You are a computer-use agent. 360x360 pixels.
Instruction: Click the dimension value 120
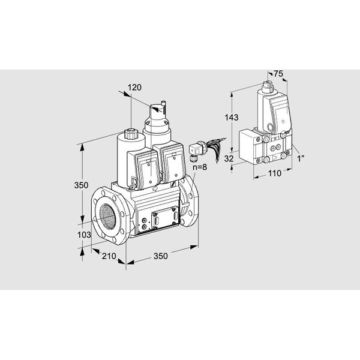pos(134,88)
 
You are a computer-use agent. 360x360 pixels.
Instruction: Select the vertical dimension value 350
pos(81,185)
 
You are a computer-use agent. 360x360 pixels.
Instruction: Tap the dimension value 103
pos(84,235)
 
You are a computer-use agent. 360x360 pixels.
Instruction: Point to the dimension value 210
pos(109,256)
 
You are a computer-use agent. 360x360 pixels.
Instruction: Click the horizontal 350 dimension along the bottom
pos(161,256)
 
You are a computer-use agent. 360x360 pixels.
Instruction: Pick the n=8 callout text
pos(200,167)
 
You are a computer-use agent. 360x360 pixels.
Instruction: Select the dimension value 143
pos(232,118)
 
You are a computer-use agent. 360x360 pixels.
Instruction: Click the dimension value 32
pos(229,158)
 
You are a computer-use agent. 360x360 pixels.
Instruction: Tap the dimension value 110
pos(275,173)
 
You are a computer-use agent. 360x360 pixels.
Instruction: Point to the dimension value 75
pos(278,74)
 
